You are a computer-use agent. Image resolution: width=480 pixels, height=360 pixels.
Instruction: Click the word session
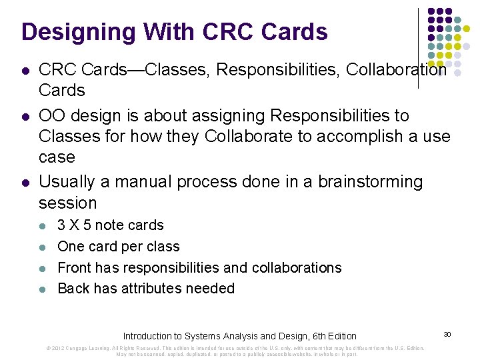coord(68,203)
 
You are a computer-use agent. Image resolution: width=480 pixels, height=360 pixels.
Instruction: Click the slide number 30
coord(448,334)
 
